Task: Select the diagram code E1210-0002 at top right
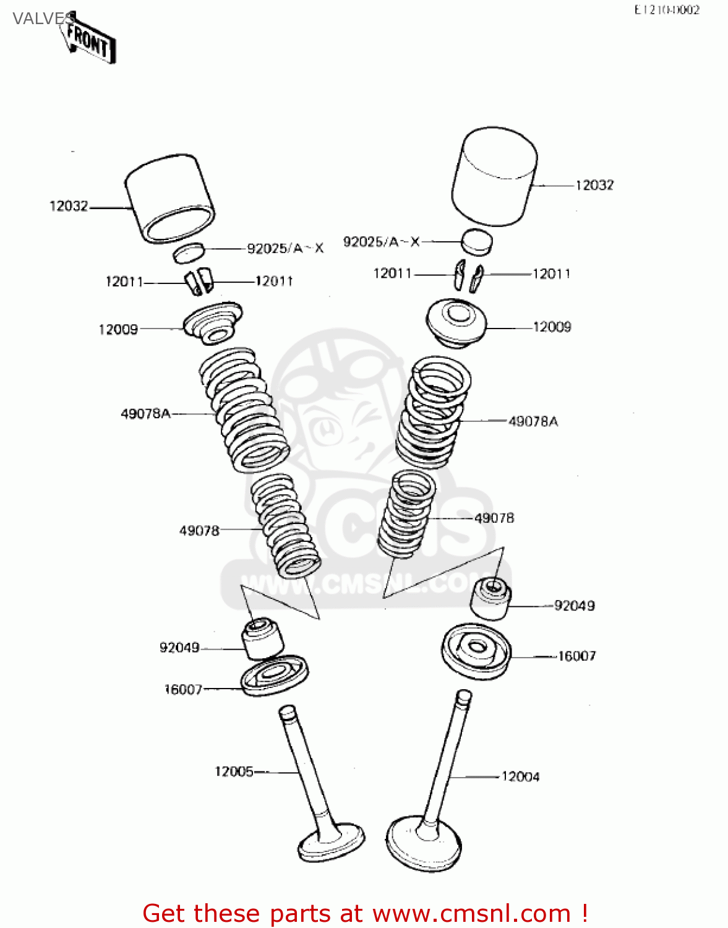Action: pyautogui.click(x=666, y=10)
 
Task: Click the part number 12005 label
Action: pyautogui.click(x=234, y=771)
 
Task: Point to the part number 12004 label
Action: pyautogui.click(x=520, y=776)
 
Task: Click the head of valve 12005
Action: pyautogui.click(x=332, y=843)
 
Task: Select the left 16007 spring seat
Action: pyautogui.click(x=274, y=676)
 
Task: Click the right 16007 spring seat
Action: pyautogui.click(x=476, y=651)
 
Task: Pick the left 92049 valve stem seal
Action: pyautogui.click(x=262, y=637)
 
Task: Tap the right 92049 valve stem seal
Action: pyautogui.click(x=491, y=597)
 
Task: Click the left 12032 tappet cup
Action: pyautogui.click(x=170, y=199)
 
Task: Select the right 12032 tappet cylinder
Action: pyautogui.click(x=494, y=177)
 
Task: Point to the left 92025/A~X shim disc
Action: pyautogui.click(x=189, y=252)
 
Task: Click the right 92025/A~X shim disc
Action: pyautogui.click(x=477, y=241)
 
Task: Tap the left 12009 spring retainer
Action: pyautogui.click(x=213, y=322)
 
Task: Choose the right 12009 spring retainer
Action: pyautogui.click(x=456, y=322)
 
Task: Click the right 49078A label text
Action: pyautogui.click(x=533, y=421)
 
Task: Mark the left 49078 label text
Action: pyautogui.click(x=199, y=531)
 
